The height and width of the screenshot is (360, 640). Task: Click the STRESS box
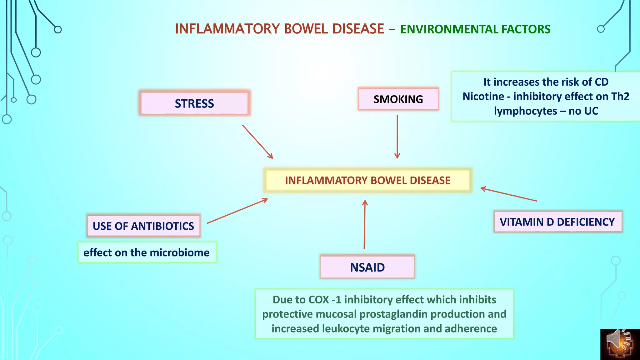click(x=194, y=103)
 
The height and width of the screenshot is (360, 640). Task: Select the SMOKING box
click(x=398, y=99)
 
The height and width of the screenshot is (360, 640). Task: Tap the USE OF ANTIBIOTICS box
click(x=143, y=226)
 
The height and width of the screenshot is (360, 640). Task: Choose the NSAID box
click(x=367, y=267)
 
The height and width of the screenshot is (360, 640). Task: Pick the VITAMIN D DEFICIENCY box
click(x=557, y=222)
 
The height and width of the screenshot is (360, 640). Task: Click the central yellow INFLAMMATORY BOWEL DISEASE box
click(x=367, y=180)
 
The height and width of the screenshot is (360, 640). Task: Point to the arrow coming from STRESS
click(x=257, y=142)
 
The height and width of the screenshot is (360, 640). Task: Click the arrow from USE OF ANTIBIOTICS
click(x=237, y=211)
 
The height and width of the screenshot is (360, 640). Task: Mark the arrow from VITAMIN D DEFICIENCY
click(x=508, y=194)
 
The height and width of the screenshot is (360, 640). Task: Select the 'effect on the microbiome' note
click(x=147, y=252)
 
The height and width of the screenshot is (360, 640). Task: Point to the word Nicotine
click(x=483, y=97)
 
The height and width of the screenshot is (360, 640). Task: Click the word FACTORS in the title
click(x=526, y=29)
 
